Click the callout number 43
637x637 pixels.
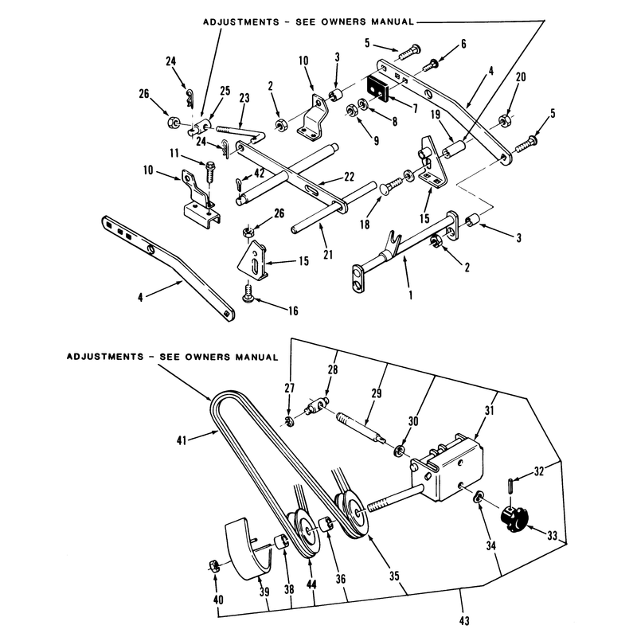click(x=464, y=621)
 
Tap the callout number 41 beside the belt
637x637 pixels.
click(x=182, y=440)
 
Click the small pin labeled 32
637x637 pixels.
click(x=510, y=487)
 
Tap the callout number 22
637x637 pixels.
click(x=349, y=177)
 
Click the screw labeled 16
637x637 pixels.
click(x=248, y=294)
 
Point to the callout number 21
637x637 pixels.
click(x=328, y=255)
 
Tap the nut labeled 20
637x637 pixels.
click(x=505, y=120)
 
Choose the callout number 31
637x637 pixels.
click(x=490, y=410)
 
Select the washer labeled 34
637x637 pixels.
click(x=479, y=496)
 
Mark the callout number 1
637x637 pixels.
click(x=410, y=295)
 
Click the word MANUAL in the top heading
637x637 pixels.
click(x=392, y=21)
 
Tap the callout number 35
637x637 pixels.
click(x=394, y=576)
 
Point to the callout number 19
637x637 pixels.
click(x=435, y=115)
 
